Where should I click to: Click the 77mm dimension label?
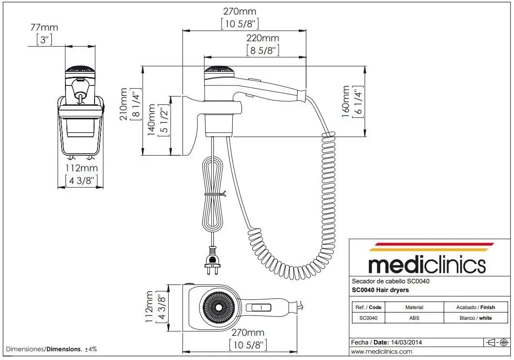(x=44, y=27)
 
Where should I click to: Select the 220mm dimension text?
(x=262, y=38)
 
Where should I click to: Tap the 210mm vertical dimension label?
(x=124, y=104)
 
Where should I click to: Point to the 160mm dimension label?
(x=346, y=101)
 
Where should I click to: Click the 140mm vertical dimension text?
(x=151, y=120)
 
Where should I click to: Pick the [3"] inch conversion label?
(x=44, y=40)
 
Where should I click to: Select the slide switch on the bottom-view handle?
(x=258, y=308)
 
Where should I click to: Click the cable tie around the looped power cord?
(x=215, y=194)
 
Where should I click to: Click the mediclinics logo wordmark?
(x=427, y=264)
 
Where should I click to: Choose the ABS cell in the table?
(x=414, y=318)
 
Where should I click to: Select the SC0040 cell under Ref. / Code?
(x=368, y=318)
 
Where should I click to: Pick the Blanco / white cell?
(x=475, y=318)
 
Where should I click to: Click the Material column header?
(x=414, y=307)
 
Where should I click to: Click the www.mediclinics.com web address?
(x=382, y=351)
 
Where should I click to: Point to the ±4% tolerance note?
(x=91, y=349)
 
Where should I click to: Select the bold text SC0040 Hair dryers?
(x=380, y=290)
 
